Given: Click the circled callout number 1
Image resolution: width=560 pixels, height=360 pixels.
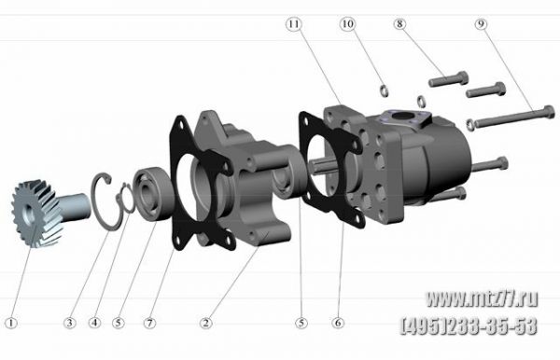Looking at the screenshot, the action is pyautogui.click(x=11, y=324).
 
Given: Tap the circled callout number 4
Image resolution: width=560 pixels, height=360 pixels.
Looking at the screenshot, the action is pyautogui.click(x=94, y=324).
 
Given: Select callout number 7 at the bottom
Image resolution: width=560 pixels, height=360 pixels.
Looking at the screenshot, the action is pyautogui.click(x=150, y=324).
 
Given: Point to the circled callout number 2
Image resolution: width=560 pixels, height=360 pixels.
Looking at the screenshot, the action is pyautogui.click(x=205, y=324).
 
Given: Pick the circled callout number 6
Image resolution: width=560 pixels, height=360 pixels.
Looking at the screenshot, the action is pyautogui.click(x=338, y=324).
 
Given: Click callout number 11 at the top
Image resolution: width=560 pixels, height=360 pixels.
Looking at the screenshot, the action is pyautogui.click(x=294, y=24).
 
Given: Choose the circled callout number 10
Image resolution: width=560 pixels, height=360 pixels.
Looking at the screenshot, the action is pyautogui.click(x=347, y=24).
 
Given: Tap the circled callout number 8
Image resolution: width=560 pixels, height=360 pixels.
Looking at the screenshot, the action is pyautogui.click(x=400, y=24).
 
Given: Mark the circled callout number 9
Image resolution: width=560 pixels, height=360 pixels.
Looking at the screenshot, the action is pyautogui.click(x=481, y=24).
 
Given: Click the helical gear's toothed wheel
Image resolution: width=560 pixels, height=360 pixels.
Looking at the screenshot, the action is pyautogui.click(x=33, y=214).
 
